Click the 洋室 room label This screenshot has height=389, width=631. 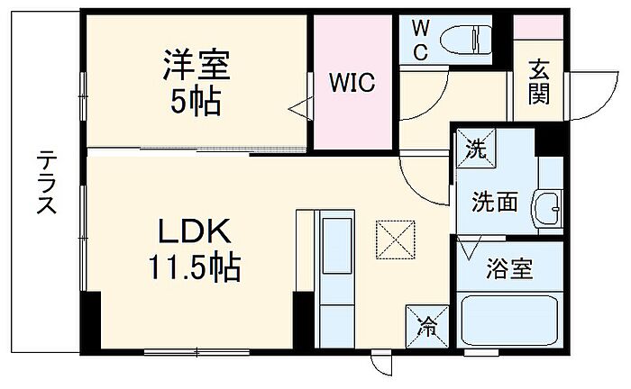coord(197,66)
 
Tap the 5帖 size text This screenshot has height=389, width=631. coord(197,102)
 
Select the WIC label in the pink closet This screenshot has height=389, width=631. coord(352,84)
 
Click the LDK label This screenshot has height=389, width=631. coord(197,232)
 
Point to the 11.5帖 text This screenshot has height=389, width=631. coord(197,267)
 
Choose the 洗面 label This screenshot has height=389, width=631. coord(495,203)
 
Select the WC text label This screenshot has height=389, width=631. coord(421,40)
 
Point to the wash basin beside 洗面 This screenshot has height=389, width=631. coord(546,210)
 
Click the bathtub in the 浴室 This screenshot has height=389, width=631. coord(508,321)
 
